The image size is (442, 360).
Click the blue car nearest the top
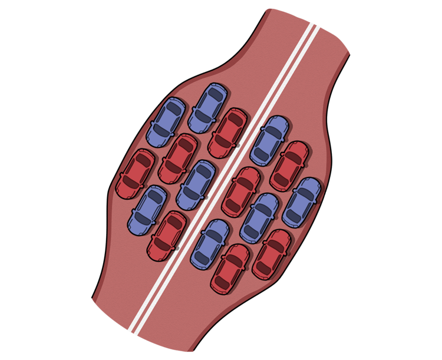(x=208, y=108)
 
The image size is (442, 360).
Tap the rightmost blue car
(x=301, y=202)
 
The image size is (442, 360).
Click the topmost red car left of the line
(x=227, y=133)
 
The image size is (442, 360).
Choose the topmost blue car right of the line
(x=269, y=140)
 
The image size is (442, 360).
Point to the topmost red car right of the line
(x=289, y=166)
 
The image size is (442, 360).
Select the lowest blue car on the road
(x=210, y=245)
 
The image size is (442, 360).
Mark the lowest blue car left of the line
(x=146, y=209)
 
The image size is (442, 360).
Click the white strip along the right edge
(x=413, y=177)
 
